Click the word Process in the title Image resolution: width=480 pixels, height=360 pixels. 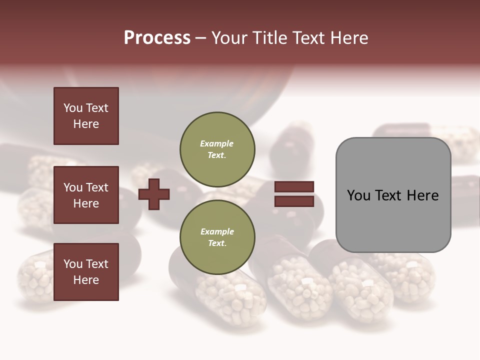coord(157,38)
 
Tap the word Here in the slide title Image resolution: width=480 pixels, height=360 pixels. coord(348,38)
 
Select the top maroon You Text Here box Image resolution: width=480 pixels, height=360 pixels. coord(86,116)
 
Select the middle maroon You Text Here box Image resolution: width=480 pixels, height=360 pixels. coord(86,195)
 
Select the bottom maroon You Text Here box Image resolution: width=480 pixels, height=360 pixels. coord(86,271)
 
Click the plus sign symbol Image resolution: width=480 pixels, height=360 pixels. coord(154,194)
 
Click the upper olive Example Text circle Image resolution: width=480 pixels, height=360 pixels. coord(217,149)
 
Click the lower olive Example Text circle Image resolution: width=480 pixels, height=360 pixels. coord(217,237)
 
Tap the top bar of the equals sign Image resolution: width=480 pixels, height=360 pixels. coord(294,187)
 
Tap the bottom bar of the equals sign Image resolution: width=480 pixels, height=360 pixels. coord(294,201)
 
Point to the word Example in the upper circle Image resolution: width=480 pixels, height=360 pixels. coord(216,144)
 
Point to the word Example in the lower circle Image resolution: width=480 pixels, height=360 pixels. coord(217,231)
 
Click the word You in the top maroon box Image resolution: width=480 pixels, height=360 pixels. coord(72,108)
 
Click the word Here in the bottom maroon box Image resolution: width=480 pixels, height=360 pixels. coord(86,280)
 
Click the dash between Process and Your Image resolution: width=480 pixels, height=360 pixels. coord(200,38)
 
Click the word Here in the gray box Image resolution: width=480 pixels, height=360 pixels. coord(422,195)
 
